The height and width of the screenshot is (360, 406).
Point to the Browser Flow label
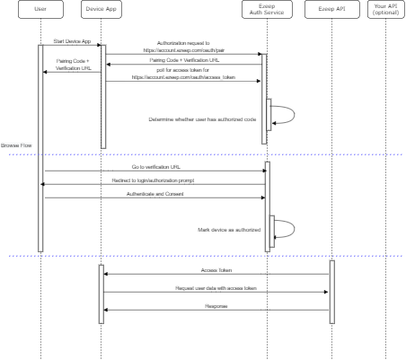pos(17,145)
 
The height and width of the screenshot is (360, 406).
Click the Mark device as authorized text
pos(228,231)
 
